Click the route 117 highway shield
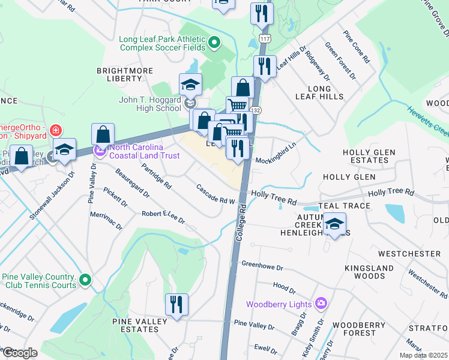click(264, 38)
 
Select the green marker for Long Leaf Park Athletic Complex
click(216, 42)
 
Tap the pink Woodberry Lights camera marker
click(321, 304)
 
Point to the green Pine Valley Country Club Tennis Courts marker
click(85, 280)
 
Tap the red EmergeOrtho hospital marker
click(55, 130)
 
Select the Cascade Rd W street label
click(215, 195)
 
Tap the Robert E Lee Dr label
click(163, 217)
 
